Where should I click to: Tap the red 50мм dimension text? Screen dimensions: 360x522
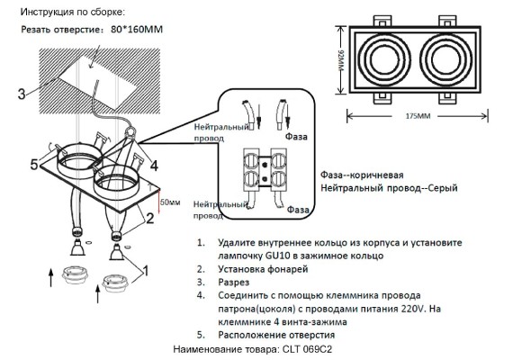point(170,202)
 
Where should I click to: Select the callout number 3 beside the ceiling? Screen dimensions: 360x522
point(21,92)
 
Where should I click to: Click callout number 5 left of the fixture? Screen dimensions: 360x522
point(34,165)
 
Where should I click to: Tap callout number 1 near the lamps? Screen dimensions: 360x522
point(146,268)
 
